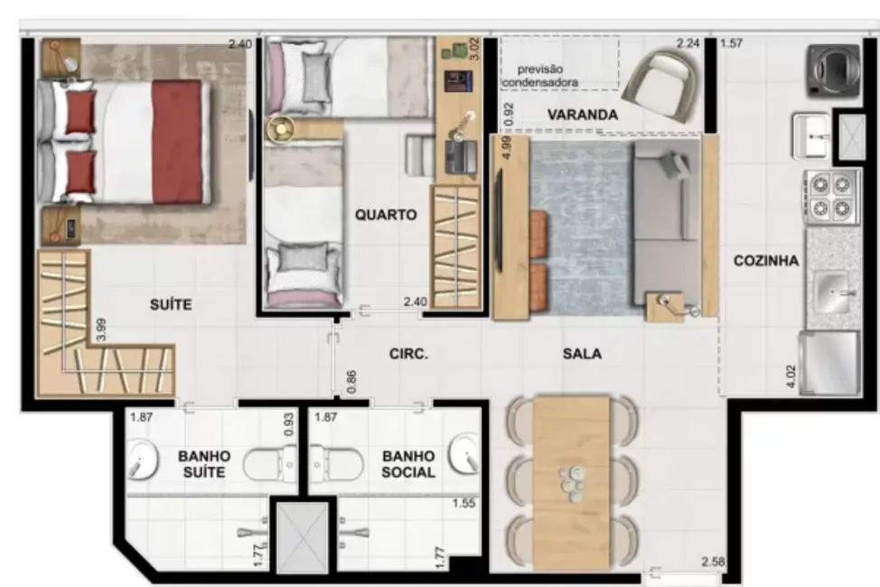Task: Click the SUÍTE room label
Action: (171, 305)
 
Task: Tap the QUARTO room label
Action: (386, 215)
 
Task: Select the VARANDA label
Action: (583, 116)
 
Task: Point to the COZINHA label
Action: (765, 261)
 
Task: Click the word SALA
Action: (581, 354)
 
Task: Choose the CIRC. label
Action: (408, 354)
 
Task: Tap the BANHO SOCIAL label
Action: (408, 464)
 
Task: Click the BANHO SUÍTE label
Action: (203, 464)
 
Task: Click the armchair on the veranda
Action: (665, 83)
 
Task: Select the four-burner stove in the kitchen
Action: (830, 197)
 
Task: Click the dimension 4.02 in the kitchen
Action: (791, 375)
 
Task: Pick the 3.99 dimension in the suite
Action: (103, 328)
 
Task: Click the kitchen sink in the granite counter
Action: (832, 291)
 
